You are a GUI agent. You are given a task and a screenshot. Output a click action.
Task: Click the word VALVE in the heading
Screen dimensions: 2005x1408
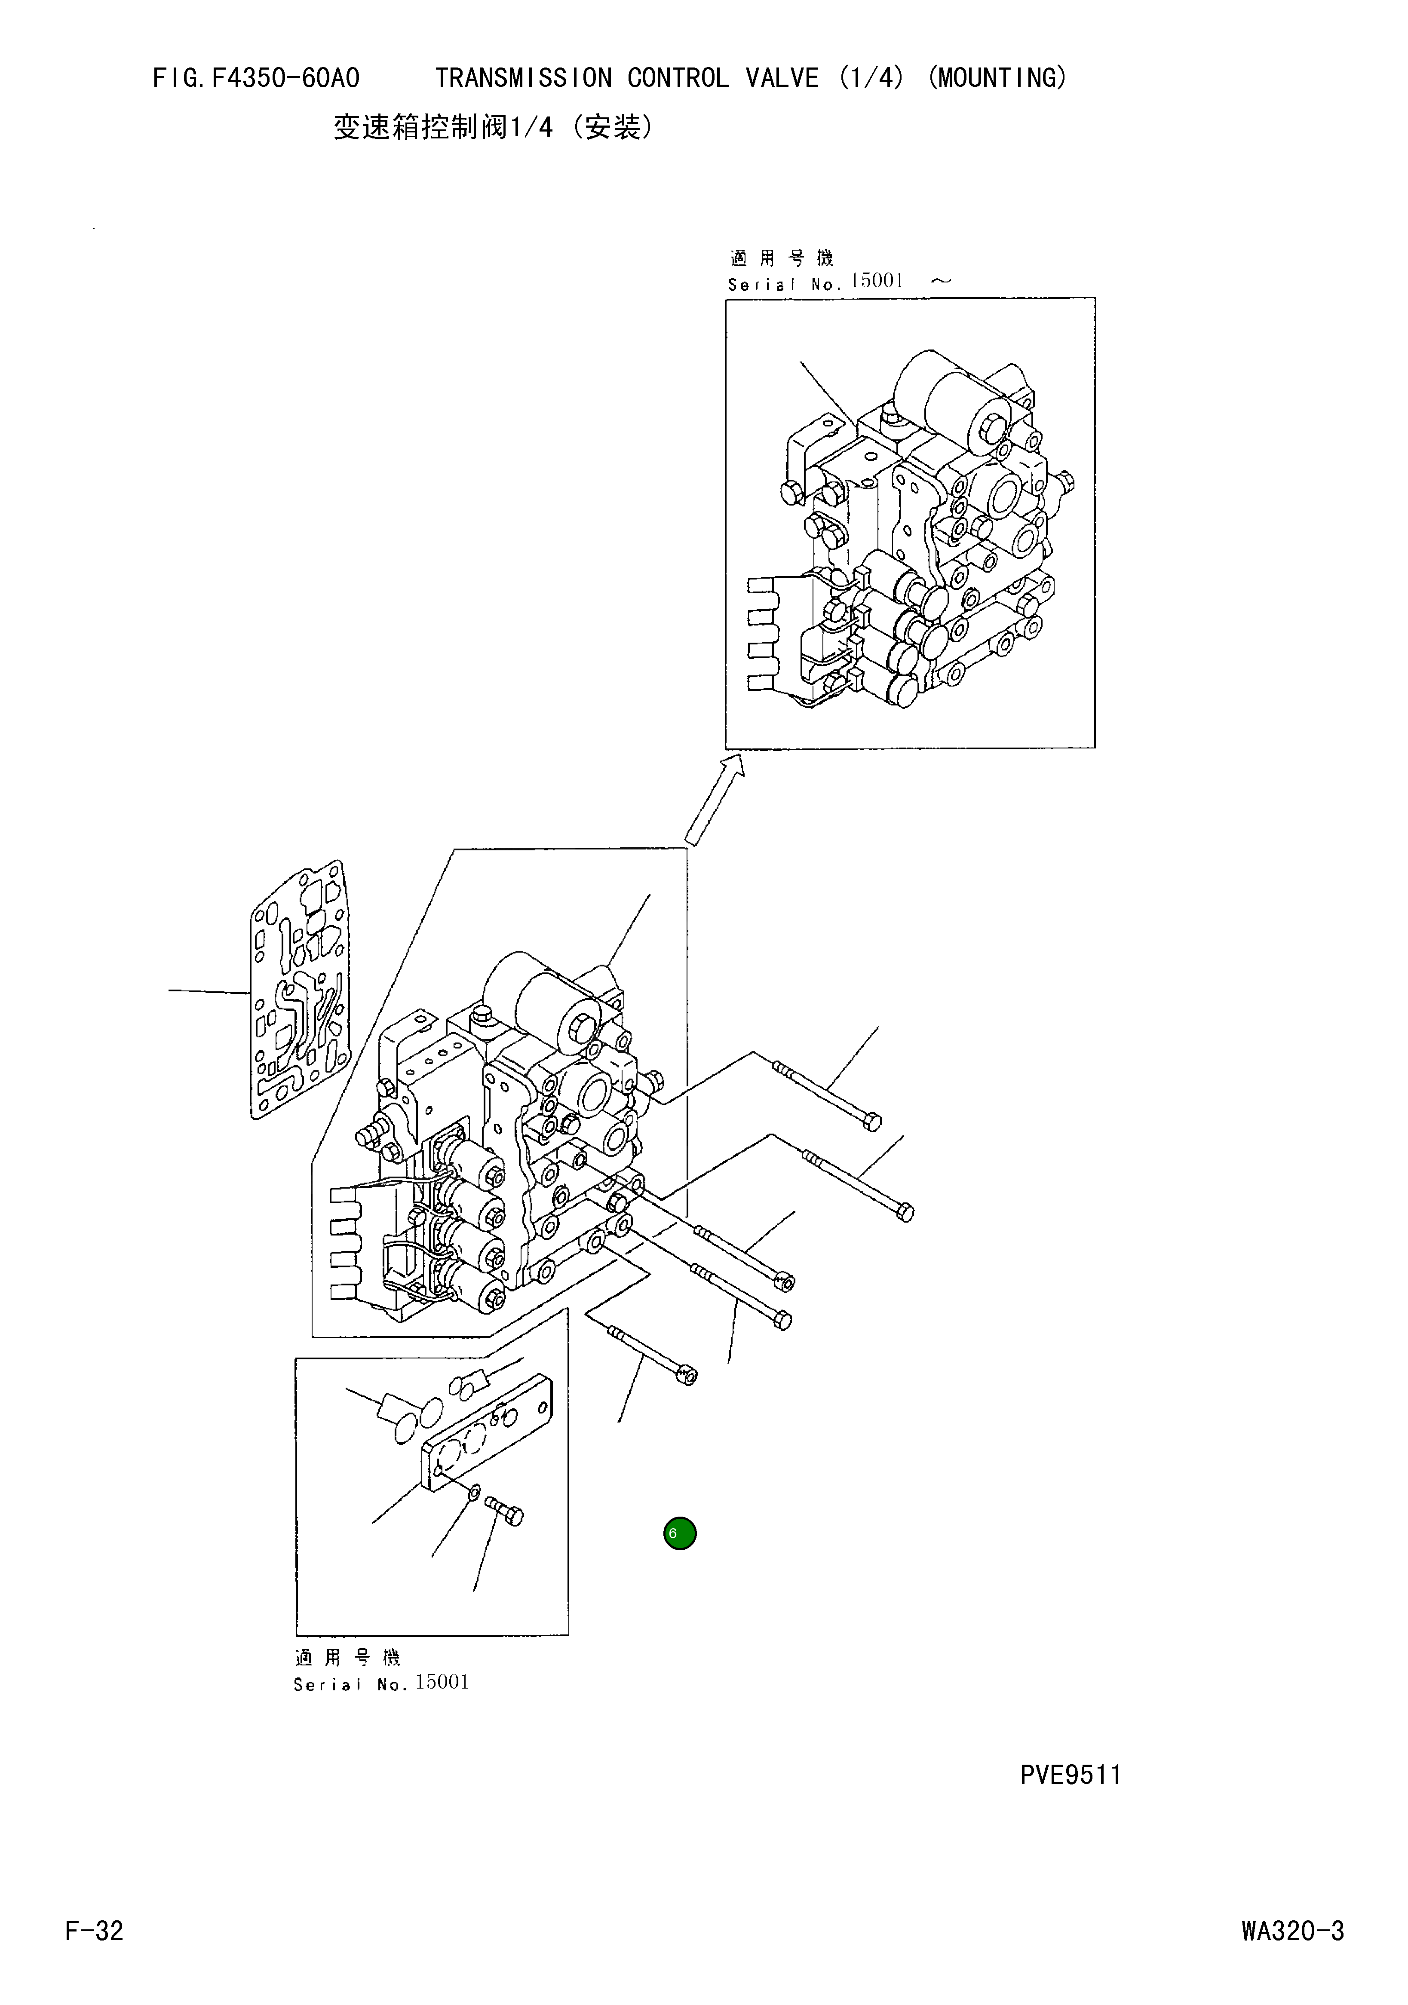782,79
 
